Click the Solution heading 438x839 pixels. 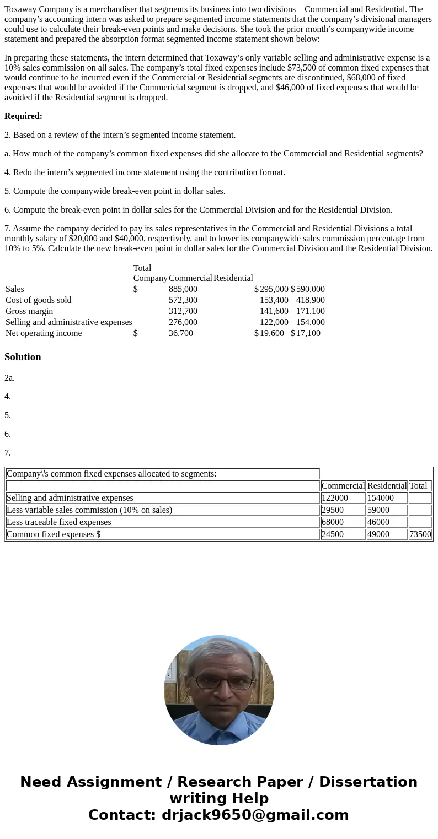click(23, 357)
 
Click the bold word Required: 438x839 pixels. click(23, 116)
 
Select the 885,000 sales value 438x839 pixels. click(183, 289)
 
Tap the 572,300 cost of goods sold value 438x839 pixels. click(183, 300)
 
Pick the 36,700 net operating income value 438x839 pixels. click(180, 333)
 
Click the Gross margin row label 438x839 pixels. click(29, 311)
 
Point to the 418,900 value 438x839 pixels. click(310, 300)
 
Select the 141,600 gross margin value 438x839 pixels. click(274, 311)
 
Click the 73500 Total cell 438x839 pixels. click(420, 534)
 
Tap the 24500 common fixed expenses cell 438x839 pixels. click(333, 534)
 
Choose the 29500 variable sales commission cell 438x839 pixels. click(333, 510)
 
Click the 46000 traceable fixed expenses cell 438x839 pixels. click(378, 522)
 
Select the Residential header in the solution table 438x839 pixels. click(387, 486)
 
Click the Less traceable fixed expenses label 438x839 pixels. click(59, 522)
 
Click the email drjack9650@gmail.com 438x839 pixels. click(255, 815)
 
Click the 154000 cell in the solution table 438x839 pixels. click(381, 498)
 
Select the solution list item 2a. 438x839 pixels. click(9, 378)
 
